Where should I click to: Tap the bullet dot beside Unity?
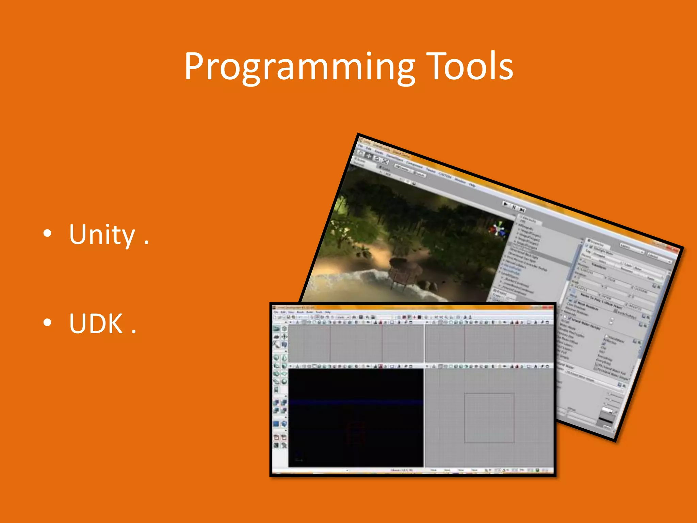(48, 234)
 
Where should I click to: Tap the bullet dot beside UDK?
(48, 322)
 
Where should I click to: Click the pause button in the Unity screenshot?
(514, 207)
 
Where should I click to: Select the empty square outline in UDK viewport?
(489, 418)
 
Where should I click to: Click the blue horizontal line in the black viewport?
(356, 402)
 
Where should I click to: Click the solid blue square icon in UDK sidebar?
(276, 424)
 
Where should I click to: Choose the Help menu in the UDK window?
(328, 312)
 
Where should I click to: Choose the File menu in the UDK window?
(276, 312)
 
